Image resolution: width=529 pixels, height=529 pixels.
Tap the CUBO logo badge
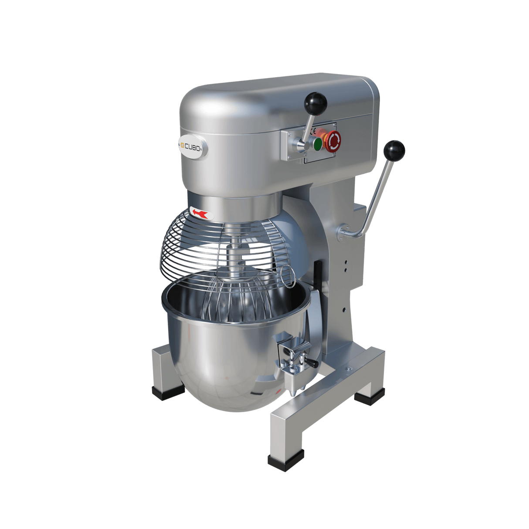click(192, 148)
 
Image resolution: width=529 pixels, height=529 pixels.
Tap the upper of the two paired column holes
click(346, 263)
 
